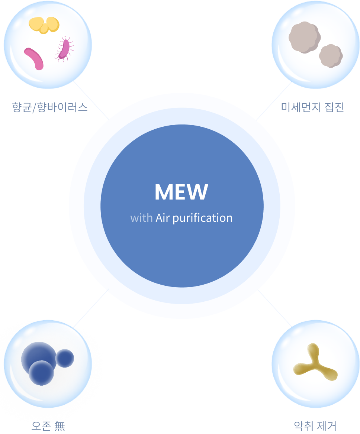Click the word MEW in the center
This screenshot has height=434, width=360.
pyautogui.click(x=181, y=192)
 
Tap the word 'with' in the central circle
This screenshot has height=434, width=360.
pyautogui.click(x=141, y=218)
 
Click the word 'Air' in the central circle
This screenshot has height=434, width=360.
pyautogui.click(x=163, y=218)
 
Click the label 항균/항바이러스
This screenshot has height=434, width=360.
pyautogui.click(x=50, y=108)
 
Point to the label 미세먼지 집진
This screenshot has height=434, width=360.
pyautogui.click(x=313, y=107)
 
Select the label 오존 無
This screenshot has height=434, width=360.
pyautogui.click(x=48, y=426)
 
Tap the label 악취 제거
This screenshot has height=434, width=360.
pyautogui.click(x=315, y=426)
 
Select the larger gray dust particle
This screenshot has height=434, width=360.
pyautogui.click(x=304, y=37)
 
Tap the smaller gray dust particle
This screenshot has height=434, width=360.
pyautogui.click(x=331, y=56)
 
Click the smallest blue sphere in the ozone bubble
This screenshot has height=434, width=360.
pyautogui.click(x=65, y=358)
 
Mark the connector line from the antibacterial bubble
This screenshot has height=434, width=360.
pyautogui.click(x=91, y=100)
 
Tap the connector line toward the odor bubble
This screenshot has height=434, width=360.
pyautogui.click(x=274, y=308)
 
